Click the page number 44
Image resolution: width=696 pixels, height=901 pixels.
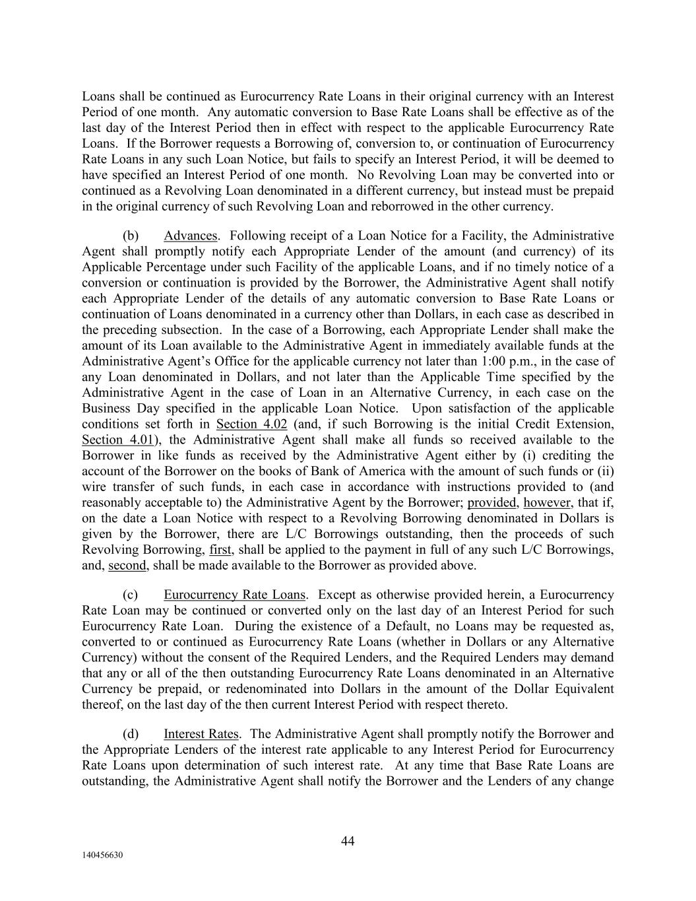pos(348,840)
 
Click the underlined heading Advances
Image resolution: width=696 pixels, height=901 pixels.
pos(191,236)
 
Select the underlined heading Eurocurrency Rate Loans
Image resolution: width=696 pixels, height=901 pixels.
pos(235,594)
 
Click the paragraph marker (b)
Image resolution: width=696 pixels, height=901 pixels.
pos(130,236)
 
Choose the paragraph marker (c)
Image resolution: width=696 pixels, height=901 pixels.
pos(130,594)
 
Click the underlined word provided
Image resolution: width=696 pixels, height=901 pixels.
pos(491,502)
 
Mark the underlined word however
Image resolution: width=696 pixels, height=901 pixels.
pos(547,502)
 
